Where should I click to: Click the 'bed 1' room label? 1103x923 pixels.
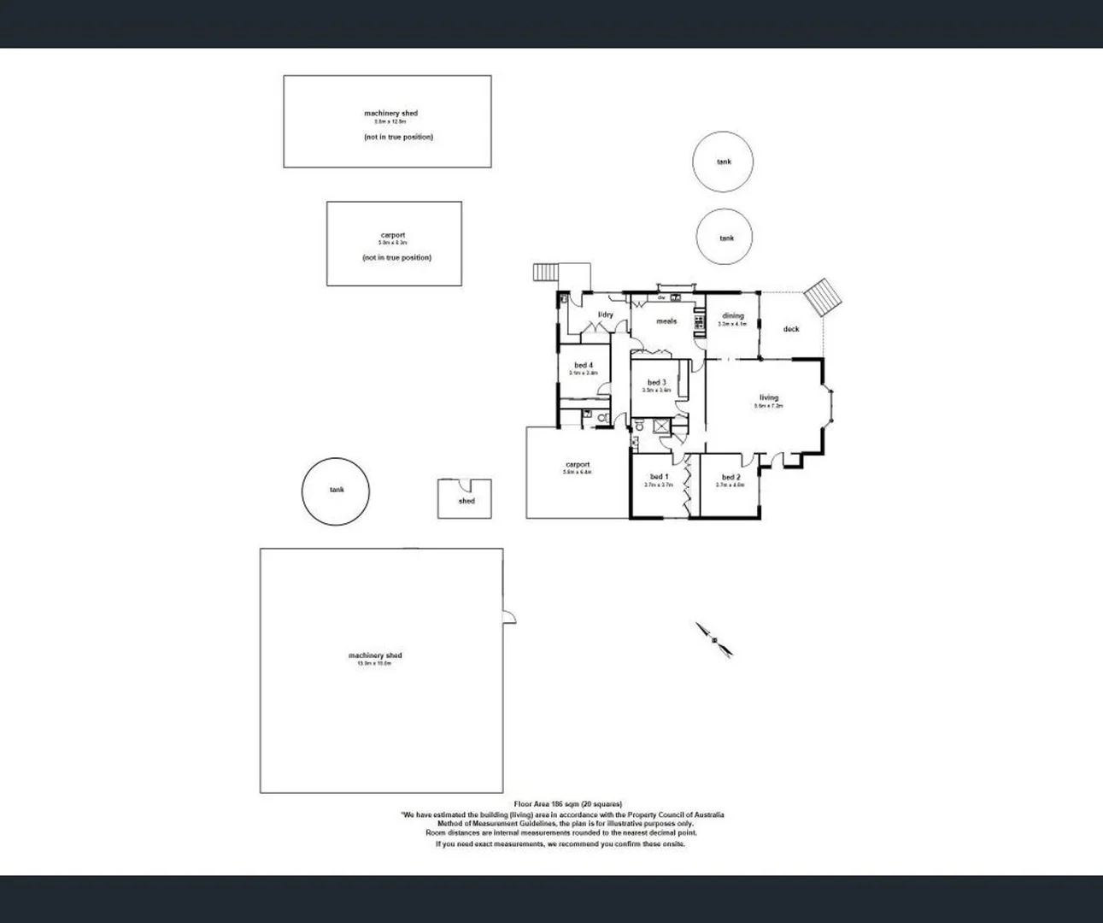point(659,477)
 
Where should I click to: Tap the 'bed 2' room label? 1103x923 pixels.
point(730,478)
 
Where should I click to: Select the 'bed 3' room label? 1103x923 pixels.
point(656,383)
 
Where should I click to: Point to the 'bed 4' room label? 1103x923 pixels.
point(584,365)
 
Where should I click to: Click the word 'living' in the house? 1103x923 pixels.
point(769,397)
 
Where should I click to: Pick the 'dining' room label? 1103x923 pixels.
point(733,316)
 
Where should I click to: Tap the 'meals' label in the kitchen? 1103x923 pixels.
point(666,321)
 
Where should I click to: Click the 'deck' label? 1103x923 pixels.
point(791,329)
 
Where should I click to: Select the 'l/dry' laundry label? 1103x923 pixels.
point(605,315)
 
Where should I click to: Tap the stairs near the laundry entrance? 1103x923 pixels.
point(544,273)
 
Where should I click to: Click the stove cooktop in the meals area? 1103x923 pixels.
point(699,322)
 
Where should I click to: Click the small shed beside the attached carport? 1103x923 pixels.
point(465,499)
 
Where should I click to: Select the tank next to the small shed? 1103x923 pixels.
point(336,491)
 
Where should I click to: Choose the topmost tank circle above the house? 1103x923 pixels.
point(724,162)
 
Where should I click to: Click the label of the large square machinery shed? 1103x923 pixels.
point(375,656)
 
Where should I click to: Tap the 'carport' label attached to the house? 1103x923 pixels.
point(578,465)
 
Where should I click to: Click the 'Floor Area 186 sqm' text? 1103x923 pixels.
point(567,804)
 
